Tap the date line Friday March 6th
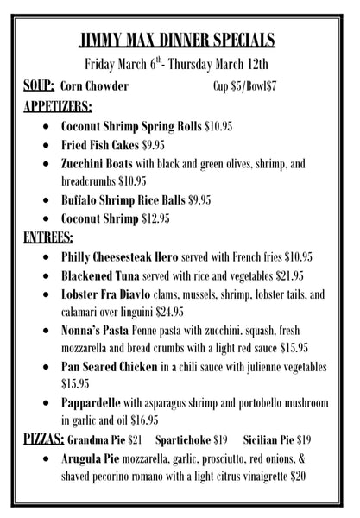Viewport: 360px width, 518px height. (179, 63)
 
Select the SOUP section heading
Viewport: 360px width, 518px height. (40, 86)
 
